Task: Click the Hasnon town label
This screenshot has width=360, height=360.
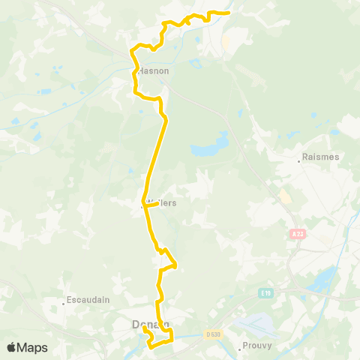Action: (153, 70)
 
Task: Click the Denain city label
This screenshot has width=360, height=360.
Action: (147, 324)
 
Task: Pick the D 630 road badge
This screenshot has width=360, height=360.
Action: (214, 334)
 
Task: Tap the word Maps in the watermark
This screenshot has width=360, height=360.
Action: (34, 347)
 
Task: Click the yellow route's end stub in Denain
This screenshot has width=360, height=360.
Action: (144, 328)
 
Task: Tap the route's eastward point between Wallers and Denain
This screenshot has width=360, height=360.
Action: (175, 263)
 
